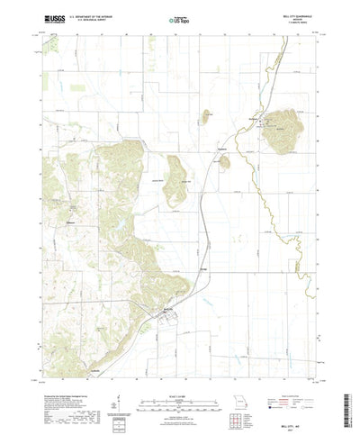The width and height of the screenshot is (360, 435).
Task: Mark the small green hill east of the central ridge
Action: pos(224,162)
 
